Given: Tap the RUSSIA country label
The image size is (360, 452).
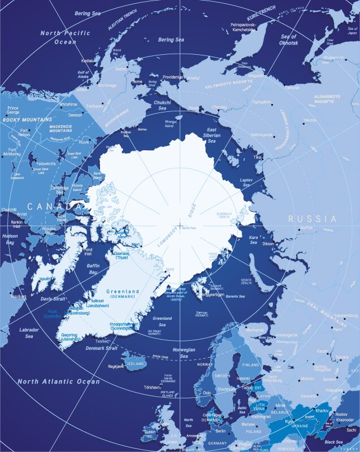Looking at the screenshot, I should (x=312, y=219).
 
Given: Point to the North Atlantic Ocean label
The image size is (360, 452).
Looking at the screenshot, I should (x=58, y=382).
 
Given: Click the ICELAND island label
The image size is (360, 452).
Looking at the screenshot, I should (x=136, y=364).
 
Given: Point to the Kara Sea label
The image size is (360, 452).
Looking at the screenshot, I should (x=253, y=240).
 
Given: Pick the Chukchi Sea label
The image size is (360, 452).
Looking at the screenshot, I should (x=163, y=105).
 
